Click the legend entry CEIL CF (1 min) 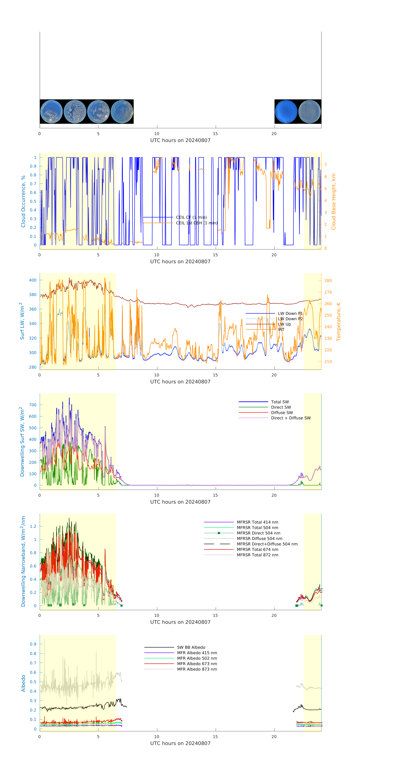[191, 217]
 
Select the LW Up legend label [284, 324]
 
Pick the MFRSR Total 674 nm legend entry [257, 549]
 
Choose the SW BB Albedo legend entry [191, 647]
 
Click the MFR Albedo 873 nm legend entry [197, 669]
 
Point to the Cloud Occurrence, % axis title [23, 201]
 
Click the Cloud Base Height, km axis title [333, 201]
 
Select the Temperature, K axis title [338, 322]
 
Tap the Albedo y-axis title [23, 683]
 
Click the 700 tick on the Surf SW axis [33, 405]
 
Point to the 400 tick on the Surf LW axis [33, 280]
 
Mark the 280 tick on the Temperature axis [328, 280]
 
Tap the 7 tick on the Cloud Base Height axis [326, 165]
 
